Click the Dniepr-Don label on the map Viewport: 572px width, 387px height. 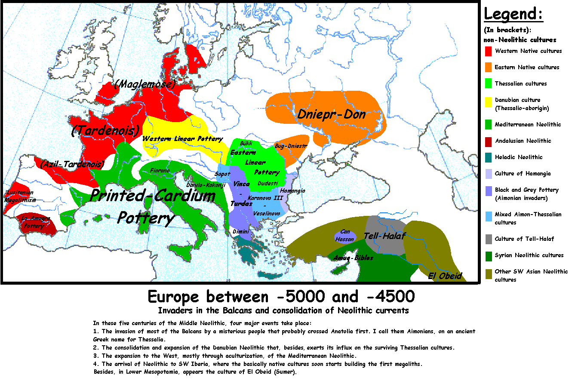tap(331, 114)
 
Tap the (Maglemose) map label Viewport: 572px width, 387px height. tap(145, 84)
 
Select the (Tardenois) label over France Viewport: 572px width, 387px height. tap(106, 130)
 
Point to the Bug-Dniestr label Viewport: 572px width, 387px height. tap(291, 146)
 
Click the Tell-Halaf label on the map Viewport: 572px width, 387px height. tap(384, 236)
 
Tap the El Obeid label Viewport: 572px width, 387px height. tap(445, 276)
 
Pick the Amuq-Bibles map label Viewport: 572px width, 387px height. tap(353, 258)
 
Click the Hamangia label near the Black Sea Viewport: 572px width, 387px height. tap(292, 190)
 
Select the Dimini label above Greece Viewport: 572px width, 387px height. tap(241, 232)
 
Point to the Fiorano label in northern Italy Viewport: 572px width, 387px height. tap(160, 171)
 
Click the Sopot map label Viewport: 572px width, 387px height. tap(223, 174)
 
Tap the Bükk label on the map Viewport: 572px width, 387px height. tap(246, 143)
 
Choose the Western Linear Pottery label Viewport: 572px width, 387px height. tap(182, 139)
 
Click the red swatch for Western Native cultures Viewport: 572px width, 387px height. tap(488, 51)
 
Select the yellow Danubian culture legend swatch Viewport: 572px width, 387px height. tap(488, 102)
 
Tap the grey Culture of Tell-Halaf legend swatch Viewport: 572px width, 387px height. tap(488, 239)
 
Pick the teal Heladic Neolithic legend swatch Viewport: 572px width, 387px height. tap(488, 157)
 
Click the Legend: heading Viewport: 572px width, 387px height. tap(514, 14)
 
